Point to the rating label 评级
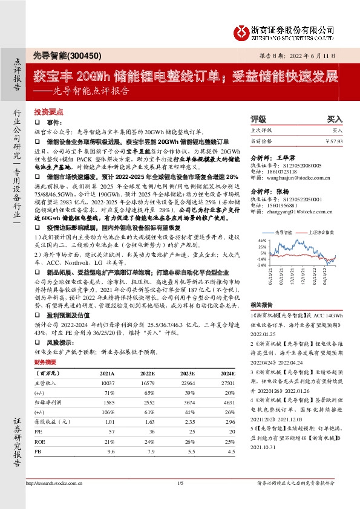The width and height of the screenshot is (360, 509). (258, 120)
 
